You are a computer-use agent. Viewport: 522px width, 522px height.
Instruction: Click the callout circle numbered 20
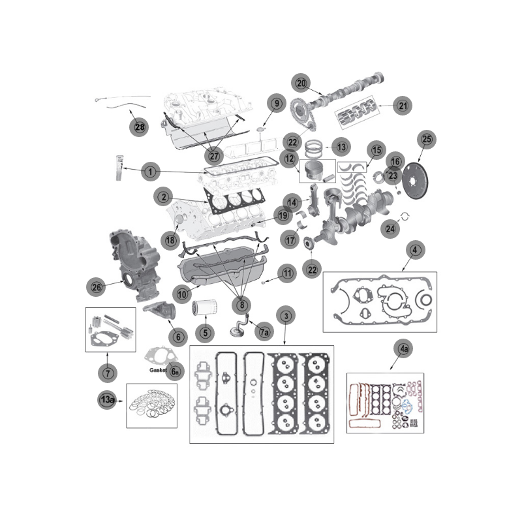pos(301,84)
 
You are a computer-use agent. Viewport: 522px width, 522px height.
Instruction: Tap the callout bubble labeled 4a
pos(404,350)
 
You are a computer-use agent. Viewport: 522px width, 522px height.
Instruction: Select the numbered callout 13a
pos(106,399)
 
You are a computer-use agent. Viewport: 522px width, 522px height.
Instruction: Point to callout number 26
pos(96,286)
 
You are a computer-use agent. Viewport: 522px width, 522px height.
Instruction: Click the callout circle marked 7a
pos(264,331)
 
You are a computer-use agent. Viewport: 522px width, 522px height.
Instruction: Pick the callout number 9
pos(276,103)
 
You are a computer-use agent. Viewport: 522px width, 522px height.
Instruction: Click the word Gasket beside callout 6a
pos(159,369)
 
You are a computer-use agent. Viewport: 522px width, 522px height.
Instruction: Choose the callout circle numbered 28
pos(139,127)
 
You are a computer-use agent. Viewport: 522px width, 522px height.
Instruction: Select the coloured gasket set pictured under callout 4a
pos(385,405)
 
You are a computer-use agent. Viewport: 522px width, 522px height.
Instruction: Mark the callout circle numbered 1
pos(150,172)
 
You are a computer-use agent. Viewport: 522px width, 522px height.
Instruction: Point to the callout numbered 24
pos(391,228)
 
